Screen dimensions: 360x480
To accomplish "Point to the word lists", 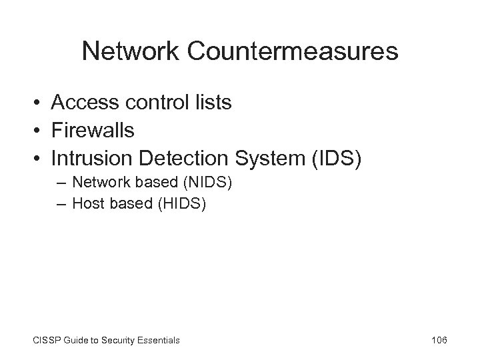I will pyautogui.click(x=213, y=103).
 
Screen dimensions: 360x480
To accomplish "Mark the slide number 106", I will pyautogui.click(x=439, y=341).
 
